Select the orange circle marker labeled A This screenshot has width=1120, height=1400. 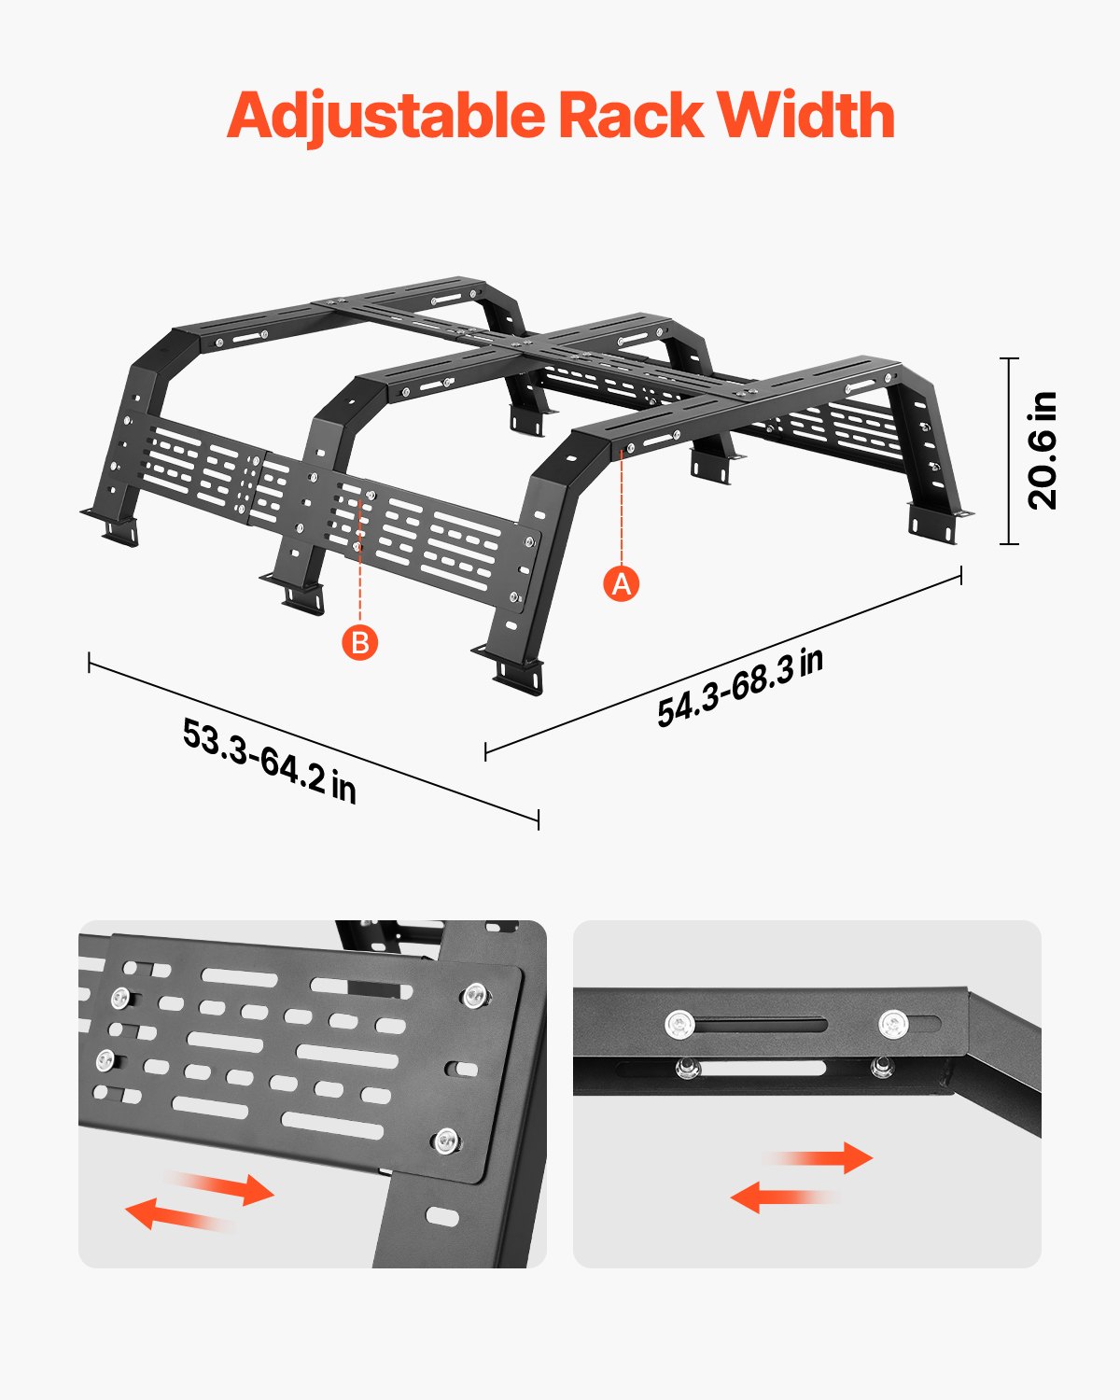tap(622, 583)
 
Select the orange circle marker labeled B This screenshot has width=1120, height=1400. tap(359, 642)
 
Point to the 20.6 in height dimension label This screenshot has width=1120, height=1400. tap(1043, 451)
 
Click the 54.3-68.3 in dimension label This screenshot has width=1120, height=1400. tap(740, 687)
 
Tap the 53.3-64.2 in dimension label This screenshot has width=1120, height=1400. tap(270, 759)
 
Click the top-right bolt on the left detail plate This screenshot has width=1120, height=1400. tap(474, 995)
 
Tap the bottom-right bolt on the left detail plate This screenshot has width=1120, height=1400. tap(447, 1140)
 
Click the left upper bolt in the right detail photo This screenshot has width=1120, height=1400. tap(679, 1026)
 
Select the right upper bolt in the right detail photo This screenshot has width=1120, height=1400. tap(892, 1025)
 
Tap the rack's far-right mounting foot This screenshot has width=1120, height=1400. tap(938, 522)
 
